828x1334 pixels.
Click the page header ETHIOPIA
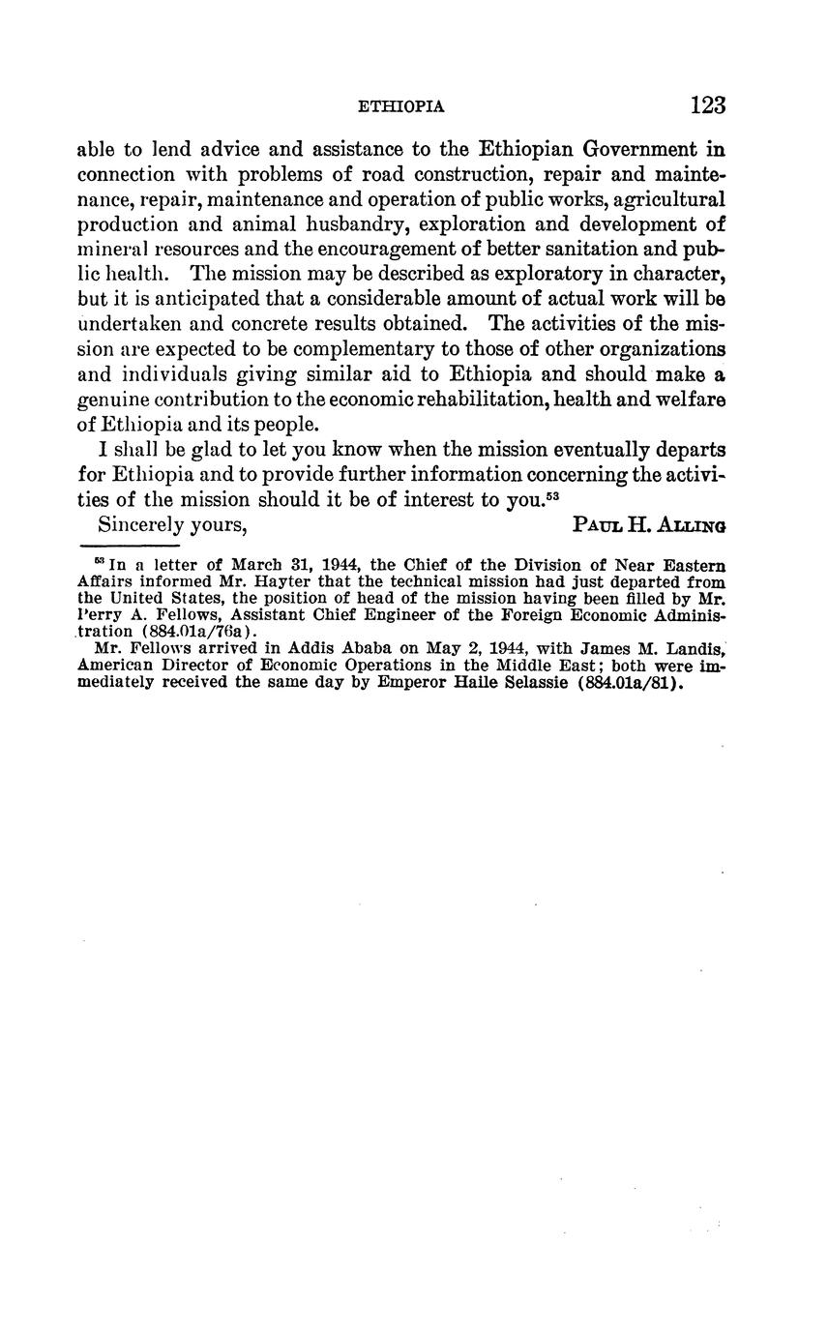click(x=400, y=107)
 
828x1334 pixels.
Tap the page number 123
click(x=708, y=105)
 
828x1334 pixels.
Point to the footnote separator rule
click(x=135, y=548)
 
